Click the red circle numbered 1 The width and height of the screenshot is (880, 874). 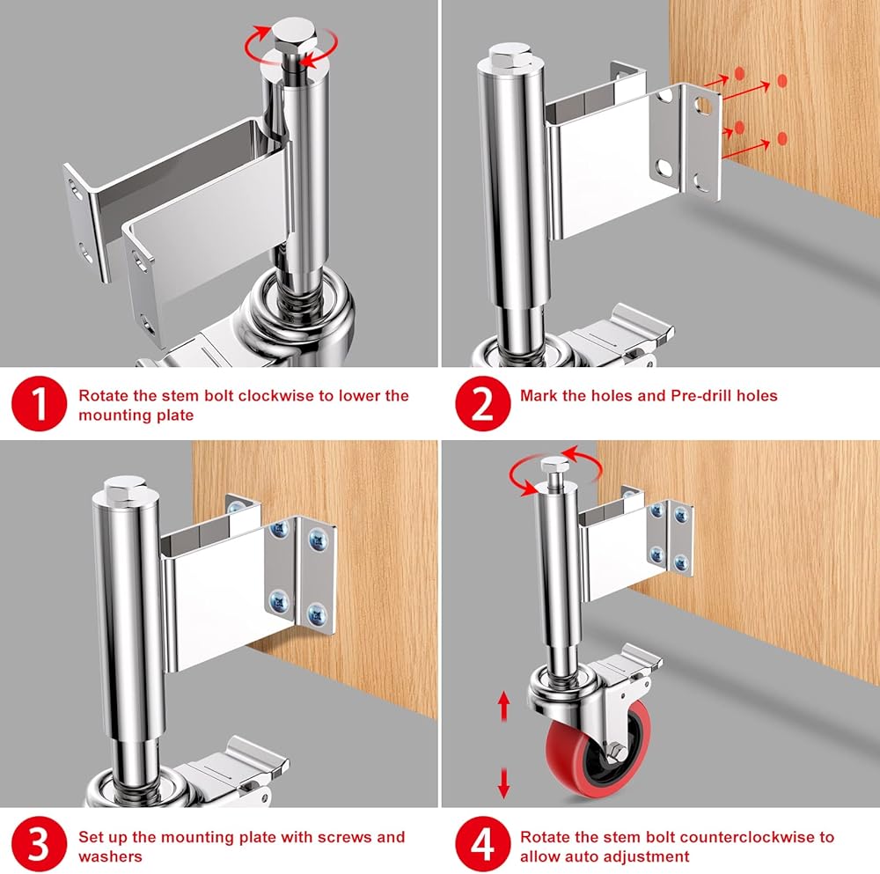tap(39, 404)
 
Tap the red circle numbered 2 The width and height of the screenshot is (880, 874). tap(482, 404)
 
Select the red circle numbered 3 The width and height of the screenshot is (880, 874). tap(39, 844)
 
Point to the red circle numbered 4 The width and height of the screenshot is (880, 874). tap(482, 844)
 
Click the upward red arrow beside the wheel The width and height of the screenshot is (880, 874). tap(503, 706)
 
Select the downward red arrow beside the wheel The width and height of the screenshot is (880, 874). tap(503, 783)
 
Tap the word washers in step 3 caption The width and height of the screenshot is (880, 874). tap(111, 856)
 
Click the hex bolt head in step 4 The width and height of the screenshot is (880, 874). tap(554, 464)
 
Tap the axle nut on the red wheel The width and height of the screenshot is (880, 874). tap(617, 750)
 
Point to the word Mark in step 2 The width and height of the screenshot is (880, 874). tap(539, 396)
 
